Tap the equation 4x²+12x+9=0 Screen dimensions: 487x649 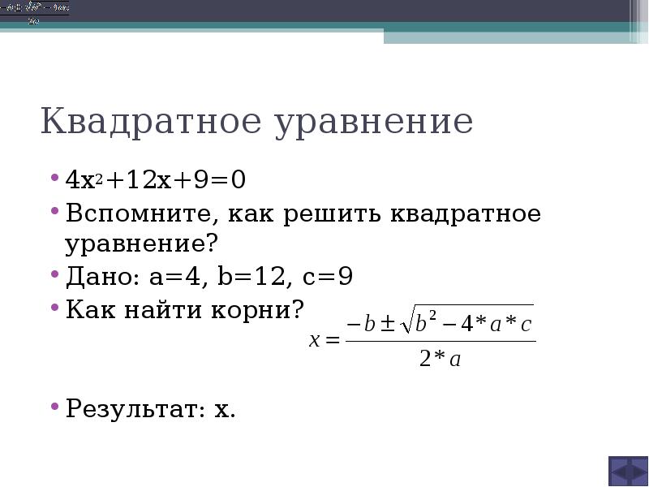pyautogui.click(x=156, y=179)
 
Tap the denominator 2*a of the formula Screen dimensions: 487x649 pyautogui.click(x=441, y=360)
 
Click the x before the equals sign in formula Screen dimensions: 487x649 pyautogui.click(x=315, y=342)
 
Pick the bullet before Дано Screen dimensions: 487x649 pyautogui.click(x=55, y=276)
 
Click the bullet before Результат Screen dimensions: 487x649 pyautogui.click(x=55, y=405)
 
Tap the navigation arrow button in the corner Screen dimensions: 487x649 pyautogui.click(x=628, y=471)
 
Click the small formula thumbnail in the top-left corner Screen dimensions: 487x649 pyautogui.click(x=34, y=13)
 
